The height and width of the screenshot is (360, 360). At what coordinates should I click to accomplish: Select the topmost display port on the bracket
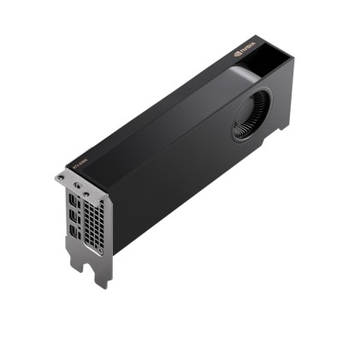[x=73, y=198]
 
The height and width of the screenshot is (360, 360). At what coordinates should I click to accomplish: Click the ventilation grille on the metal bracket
[x=94, y=225]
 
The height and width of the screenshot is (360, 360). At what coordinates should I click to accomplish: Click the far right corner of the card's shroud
[x=293, y=60]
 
